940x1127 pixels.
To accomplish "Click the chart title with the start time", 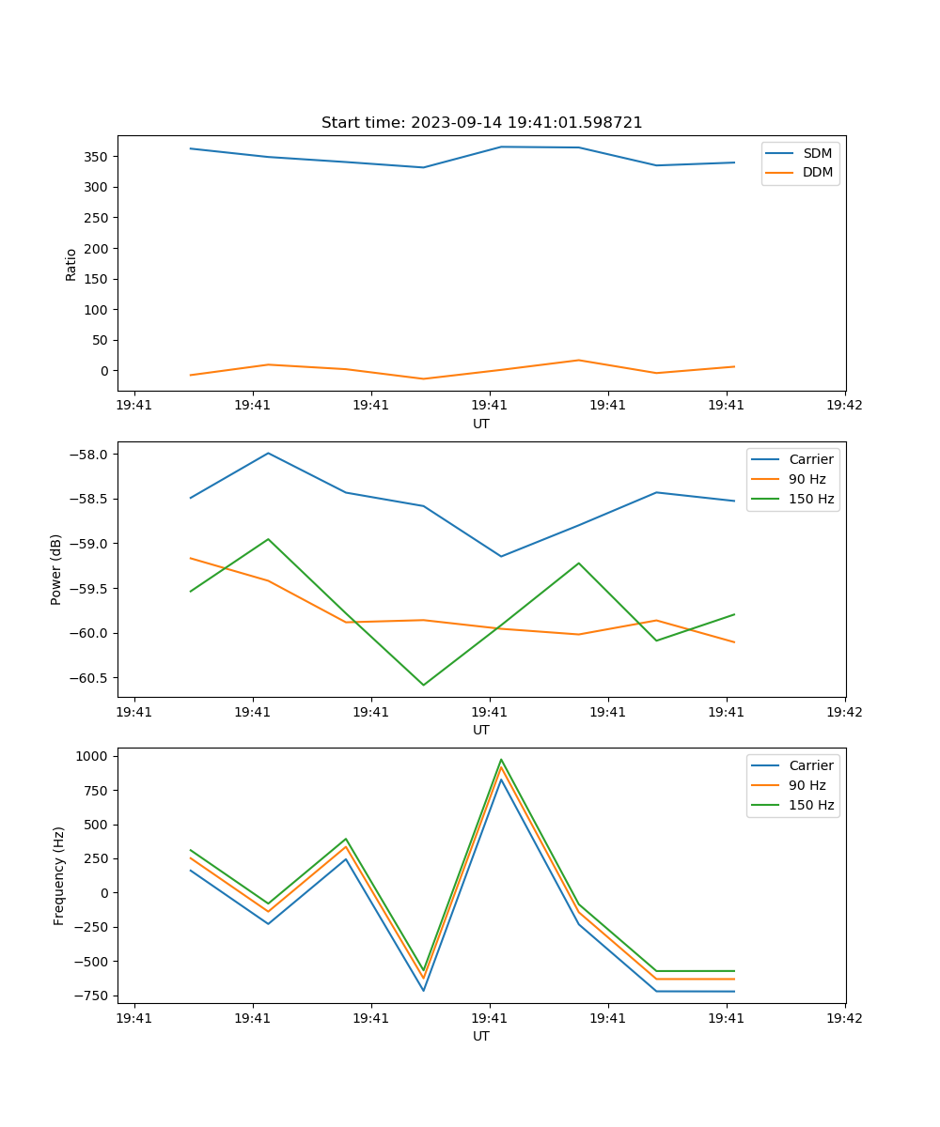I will [481, 123].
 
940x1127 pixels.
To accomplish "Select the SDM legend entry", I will [817, 153].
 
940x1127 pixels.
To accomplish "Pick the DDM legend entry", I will [817, 172].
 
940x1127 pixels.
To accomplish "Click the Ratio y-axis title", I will [71, 265].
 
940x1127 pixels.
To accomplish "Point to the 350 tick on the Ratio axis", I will [98, 157].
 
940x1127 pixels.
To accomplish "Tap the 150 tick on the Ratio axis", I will [98, 279].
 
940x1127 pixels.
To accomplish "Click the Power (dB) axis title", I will [56, 569].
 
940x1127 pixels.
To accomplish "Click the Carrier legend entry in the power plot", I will [810, 460].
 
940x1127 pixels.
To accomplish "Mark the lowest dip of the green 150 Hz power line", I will [423, 685].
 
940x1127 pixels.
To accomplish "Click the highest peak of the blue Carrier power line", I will [269, 453].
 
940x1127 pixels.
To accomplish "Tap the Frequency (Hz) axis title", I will [58, 875].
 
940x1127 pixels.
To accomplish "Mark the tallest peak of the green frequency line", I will [501, 759].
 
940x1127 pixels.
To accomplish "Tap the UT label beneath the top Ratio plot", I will [481, 424].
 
